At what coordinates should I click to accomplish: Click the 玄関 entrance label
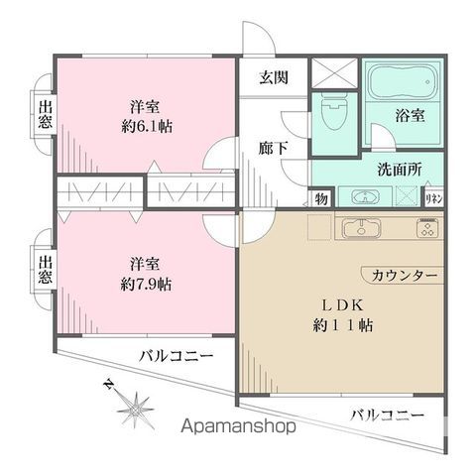pos(275,78)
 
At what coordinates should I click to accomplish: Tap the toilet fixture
pos(333,108)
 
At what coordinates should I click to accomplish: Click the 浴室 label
pos(412,116)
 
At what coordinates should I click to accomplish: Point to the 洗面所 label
pos(400,169)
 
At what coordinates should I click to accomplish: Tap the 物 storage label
pos(323,198)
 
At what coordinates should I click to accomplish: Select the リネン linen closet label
pos(432,198)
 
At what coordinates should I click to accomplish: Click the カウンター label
pos(399,275)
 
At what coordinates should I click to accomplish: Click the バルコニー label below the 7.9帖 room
pos(176,354)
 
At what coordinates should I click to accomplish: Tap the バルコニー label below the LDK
pos(387,415)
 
